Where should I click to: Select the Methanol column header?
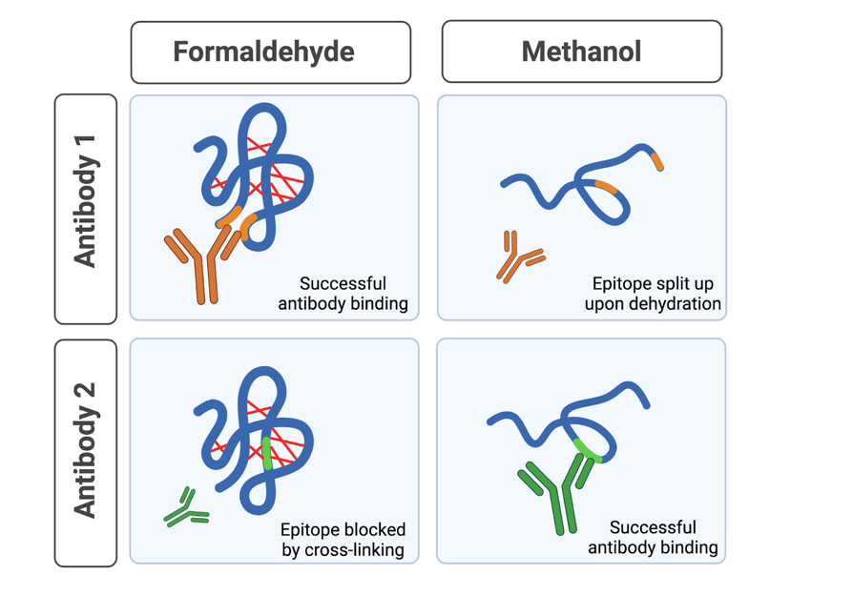pyautogui.click(x=581, y=51)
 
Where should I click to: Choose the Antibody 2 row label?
pyautogui.click(x=86, y=451)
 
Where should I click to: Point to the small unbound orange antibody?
pyautogui.click(x=517, y=256)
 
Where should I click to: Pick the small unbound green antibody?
pyautogui.click(x=185, y=510)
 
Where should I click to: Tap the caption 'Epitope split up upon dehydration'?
pyautogui.click(x=653, y=294)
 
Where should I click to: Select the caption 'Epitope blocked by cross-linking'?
pyautogui.click(x=342, y=539)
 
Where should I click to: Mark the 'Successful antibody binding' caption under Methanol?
pyautogui.click(x=653, y=537)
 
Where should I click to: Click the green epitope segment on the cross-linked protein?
pyautogui.click(x=267, y=454)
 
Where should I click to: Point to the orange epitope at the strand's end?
pyautogui.click(x=656, y=160)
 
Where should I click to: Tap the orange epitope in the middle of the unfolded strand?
pyautogui.click(x=606, y=186)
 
